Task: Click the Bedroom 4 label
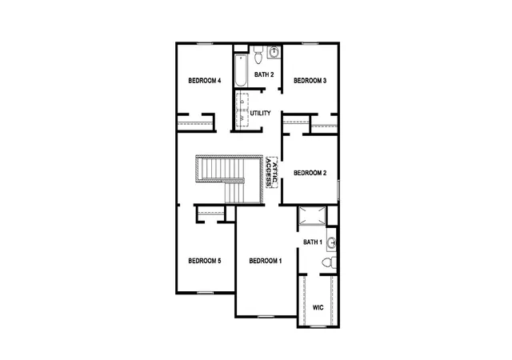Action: coord(205,80)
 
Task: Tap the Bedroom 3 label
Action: coord(310,80)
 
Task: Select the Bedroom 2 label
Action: coord(310,173)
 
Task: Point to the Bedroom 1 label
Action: coord(265,261)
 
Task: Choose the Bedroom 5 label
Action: coord(205,261)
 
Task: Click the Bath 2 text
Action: coord(264,74)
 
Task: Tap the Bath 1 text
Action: coord(313,242)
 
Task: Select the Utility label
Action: coord(260,113)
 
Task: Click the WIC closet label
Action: coord(318,307)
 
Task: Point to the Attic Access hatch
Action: coord(272,173)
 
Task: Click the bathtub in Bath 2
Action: coord(241,70)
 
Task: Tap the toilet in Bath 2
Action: coord(258,54)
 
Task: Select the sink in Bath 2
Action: coord(274,52)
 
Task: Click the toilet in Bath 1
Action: coord(329,262)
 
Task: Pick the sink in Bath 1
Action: coord(331,242)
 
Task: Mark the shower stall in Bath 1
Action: coord(312,216)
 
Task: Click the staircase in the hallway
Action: coord(230,179)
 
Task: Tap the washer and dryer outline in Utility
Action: coord(242,111)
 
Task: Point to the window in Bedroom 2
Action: coord(338,190)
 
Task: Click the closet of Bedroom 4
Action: coord(195,122)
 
